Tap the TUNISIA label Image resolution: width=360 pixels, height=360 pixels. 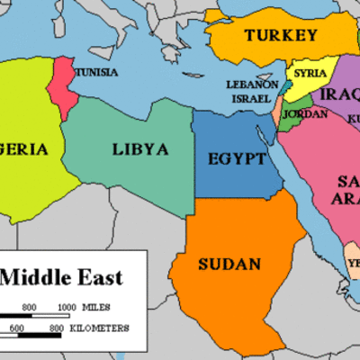coord(94,71)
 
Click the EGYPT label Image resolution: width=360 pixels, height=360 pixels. coord(237,159)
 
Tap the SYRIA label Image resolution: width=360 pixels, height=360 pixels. coord(310,73)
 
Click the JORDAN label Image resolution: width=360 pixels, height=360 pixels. coord(299,114)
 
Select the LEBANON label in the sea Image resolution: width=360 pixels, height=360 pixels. coord(252,85)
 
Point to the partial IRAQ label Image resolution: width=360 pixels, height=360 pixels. coord(340,94)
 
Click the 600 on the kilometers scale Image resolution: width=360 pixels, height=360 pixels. coord(17,328)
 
